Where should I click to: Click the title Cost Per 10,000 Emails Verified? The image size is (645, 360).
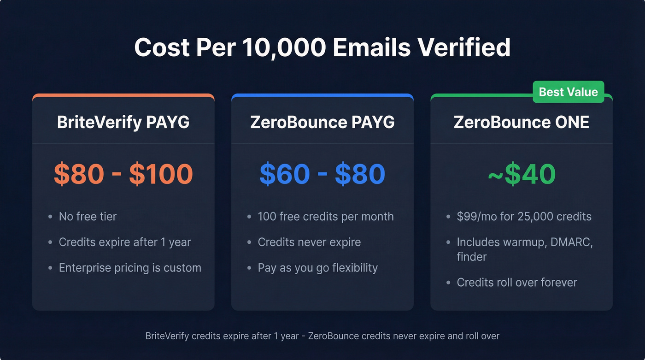[322, 47]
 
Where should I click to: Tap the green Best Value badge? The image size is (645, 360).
[568, 92]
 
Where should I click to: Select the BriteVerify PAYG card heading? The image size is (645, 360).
[123, 122]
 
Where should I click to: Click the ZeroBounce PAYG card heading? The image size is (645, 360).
[322, 122]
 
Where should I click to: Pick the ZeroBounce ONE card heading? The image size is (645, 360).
[521, 122]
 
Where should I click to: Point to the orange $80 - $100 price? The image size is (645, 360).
[123, 174]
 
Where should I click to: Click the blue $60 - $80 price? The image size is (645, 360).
[322, 174]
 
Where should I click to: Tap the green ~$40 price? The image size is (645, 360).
[521, 174]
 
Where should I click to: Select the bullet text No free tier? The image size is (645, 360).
[88, 217]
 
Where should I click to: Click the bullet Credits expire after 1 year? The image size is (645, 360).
[124, 242]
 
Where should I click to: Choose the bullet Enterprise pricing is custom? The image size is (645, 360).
[130, 268]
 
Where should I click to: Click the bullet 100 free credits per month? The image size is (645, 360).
[325, 217]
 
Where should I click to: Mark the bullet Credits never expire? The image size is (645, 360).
[309, 242]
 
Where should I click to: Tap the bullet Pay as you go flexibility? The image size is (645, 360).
[317, 268]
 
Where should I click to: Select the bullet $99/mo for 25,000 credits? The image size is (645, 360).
[524, 217]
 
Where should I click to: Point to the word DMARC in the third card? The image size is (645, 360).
[571, 242]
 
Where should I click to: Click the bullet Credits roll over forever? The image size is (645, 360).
[516, 282]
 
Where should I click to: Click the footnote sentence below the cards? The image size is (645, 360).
[322, 336]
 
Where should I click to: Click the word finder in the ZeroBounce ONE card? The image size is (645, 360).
[471, 256]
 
